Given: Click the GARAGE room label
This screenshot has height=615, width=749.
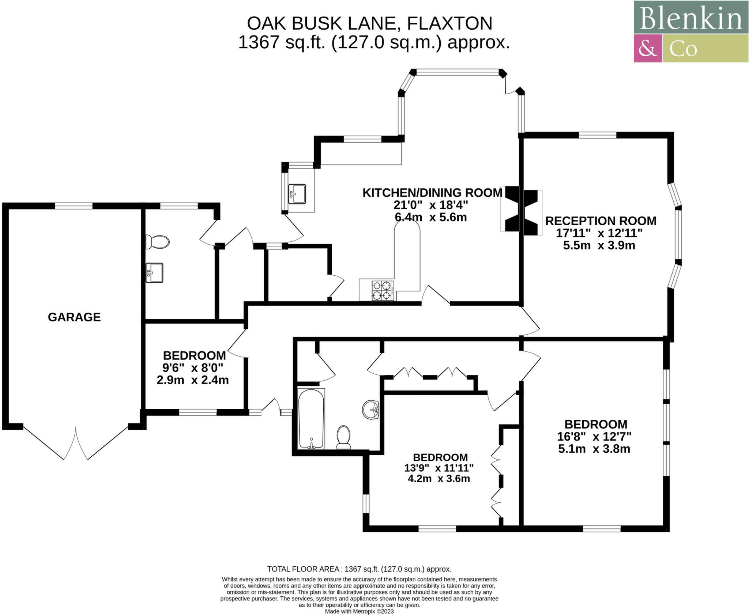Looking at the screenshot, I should click(x=74, y=317).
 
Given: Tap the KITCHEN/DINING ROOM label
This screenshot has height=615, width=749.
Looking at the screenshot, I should click(x=432, y=193).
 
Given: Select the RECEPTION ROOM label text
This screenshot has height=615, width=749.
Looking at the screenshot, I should click(x=601, y=221).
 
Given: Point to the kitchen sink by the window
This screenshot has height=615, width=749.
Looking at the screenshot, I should click(x=297, y=194).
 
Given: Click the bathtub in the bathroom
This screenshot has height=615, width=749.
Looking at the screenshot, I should click(x=311, y=418).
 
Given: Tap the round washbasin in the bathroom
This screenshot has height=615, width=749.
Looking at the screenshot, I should click(x=370, y=409).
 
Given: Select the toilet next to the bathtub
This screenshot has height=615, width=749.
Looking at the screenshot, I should click(x=343, y=437).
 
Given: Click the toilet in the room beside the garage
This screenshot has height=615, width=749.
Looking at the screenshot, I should click(x=158, y=242).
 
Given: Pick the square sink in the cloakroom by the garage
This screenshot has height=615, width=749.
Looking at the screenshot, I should click(x=154, y=273).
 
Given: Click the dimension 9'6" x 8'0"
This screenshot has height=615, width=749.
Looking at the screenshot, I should click(x=193, y=367).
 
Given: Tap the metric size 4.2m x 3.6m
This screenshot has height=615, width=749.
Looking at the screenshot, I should click(x=439, y=479).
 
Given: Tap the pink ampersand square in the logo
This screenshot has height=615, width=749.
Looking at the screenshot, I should click(x=648, y=48).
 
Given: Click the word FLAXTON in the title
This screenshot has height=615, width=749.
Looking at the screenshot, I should click(x=449, y=23).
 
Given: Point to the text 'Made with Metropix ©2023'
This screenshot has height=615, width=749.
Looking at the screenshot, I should click(x=359, y=611).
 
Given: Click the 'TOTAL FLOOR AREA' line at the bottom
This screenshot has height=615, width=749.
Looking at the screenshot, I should click(x=359, y=569).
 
